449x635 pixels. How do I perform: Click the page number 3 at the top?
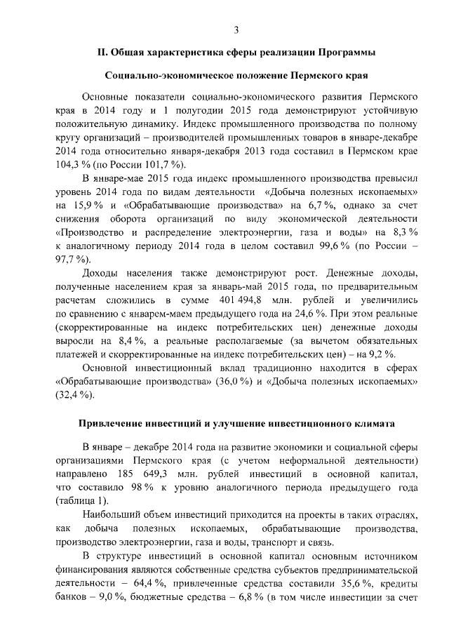coord(236,29)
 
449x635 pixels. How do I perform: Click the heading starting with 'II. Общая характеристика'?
coord(236,53)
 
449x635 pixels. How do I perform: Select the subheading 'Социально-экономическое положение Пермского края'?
coord(236,74)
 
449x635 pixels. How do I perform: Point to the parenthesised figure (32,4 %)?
coord(74,394)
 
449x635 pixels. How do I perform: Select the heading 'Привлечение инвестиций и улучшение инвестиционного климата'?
coord(236,424)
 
